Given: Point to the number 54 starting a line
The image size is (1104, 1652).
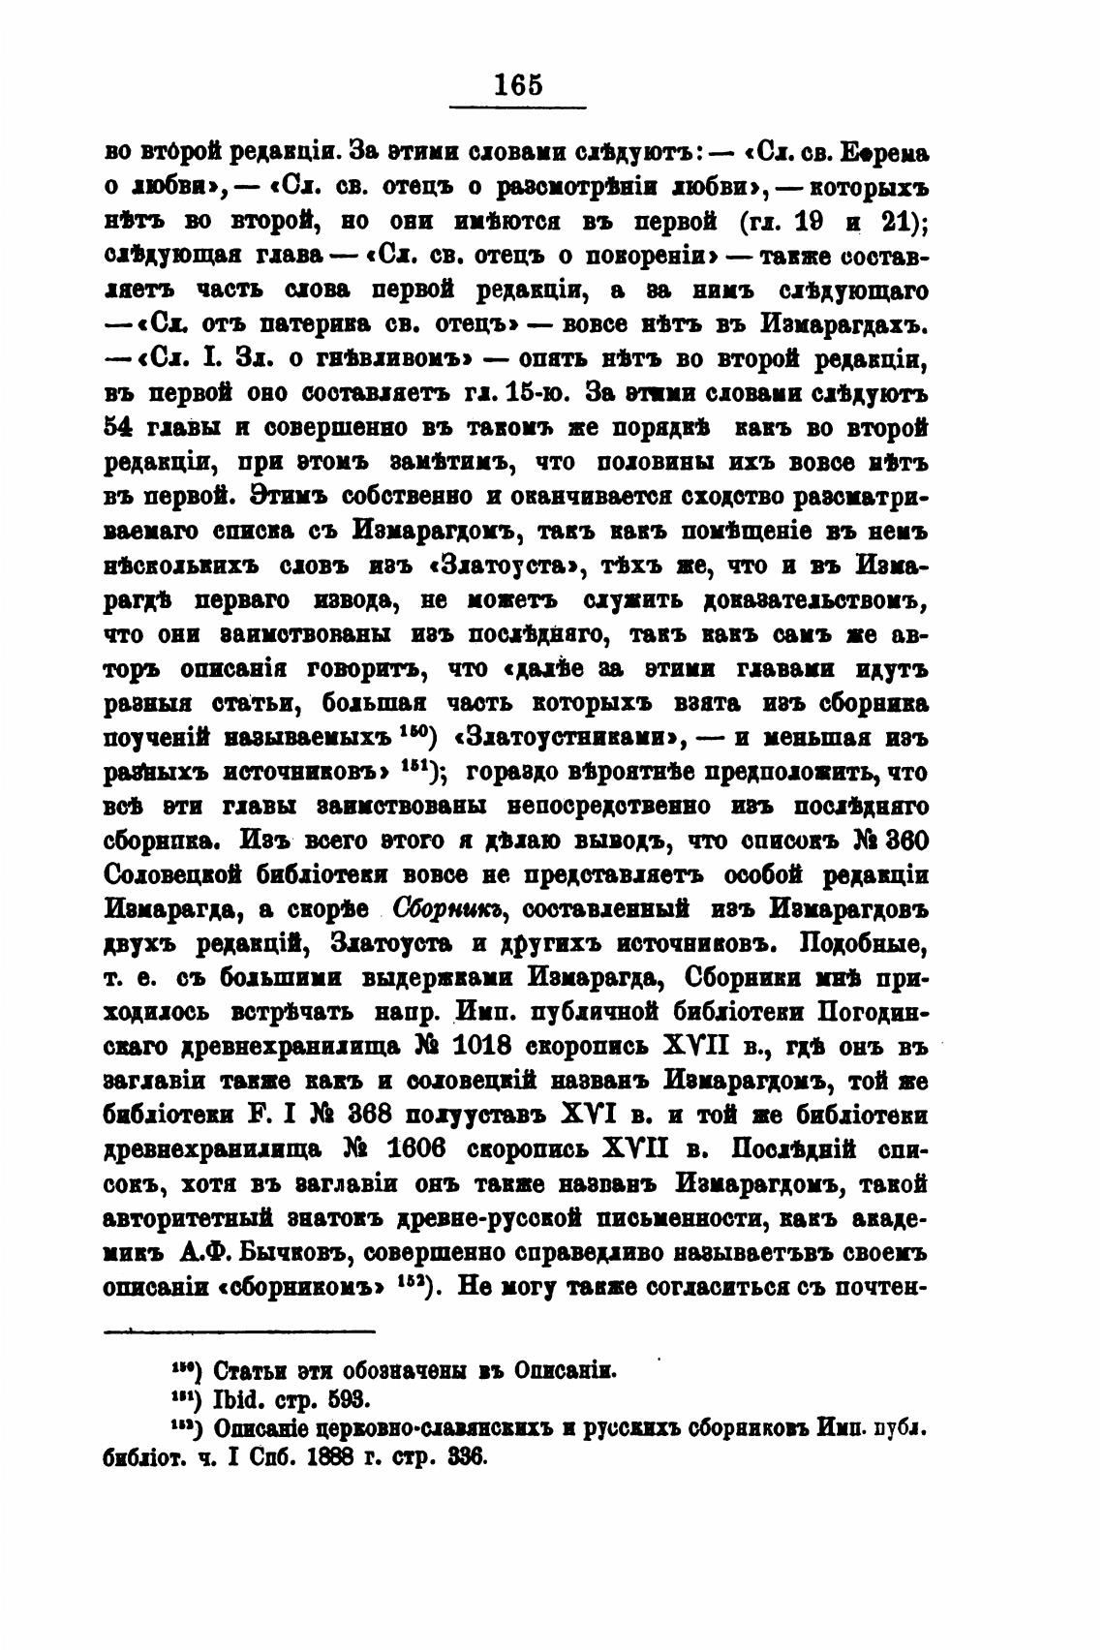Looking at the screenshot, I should point(118,428).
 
